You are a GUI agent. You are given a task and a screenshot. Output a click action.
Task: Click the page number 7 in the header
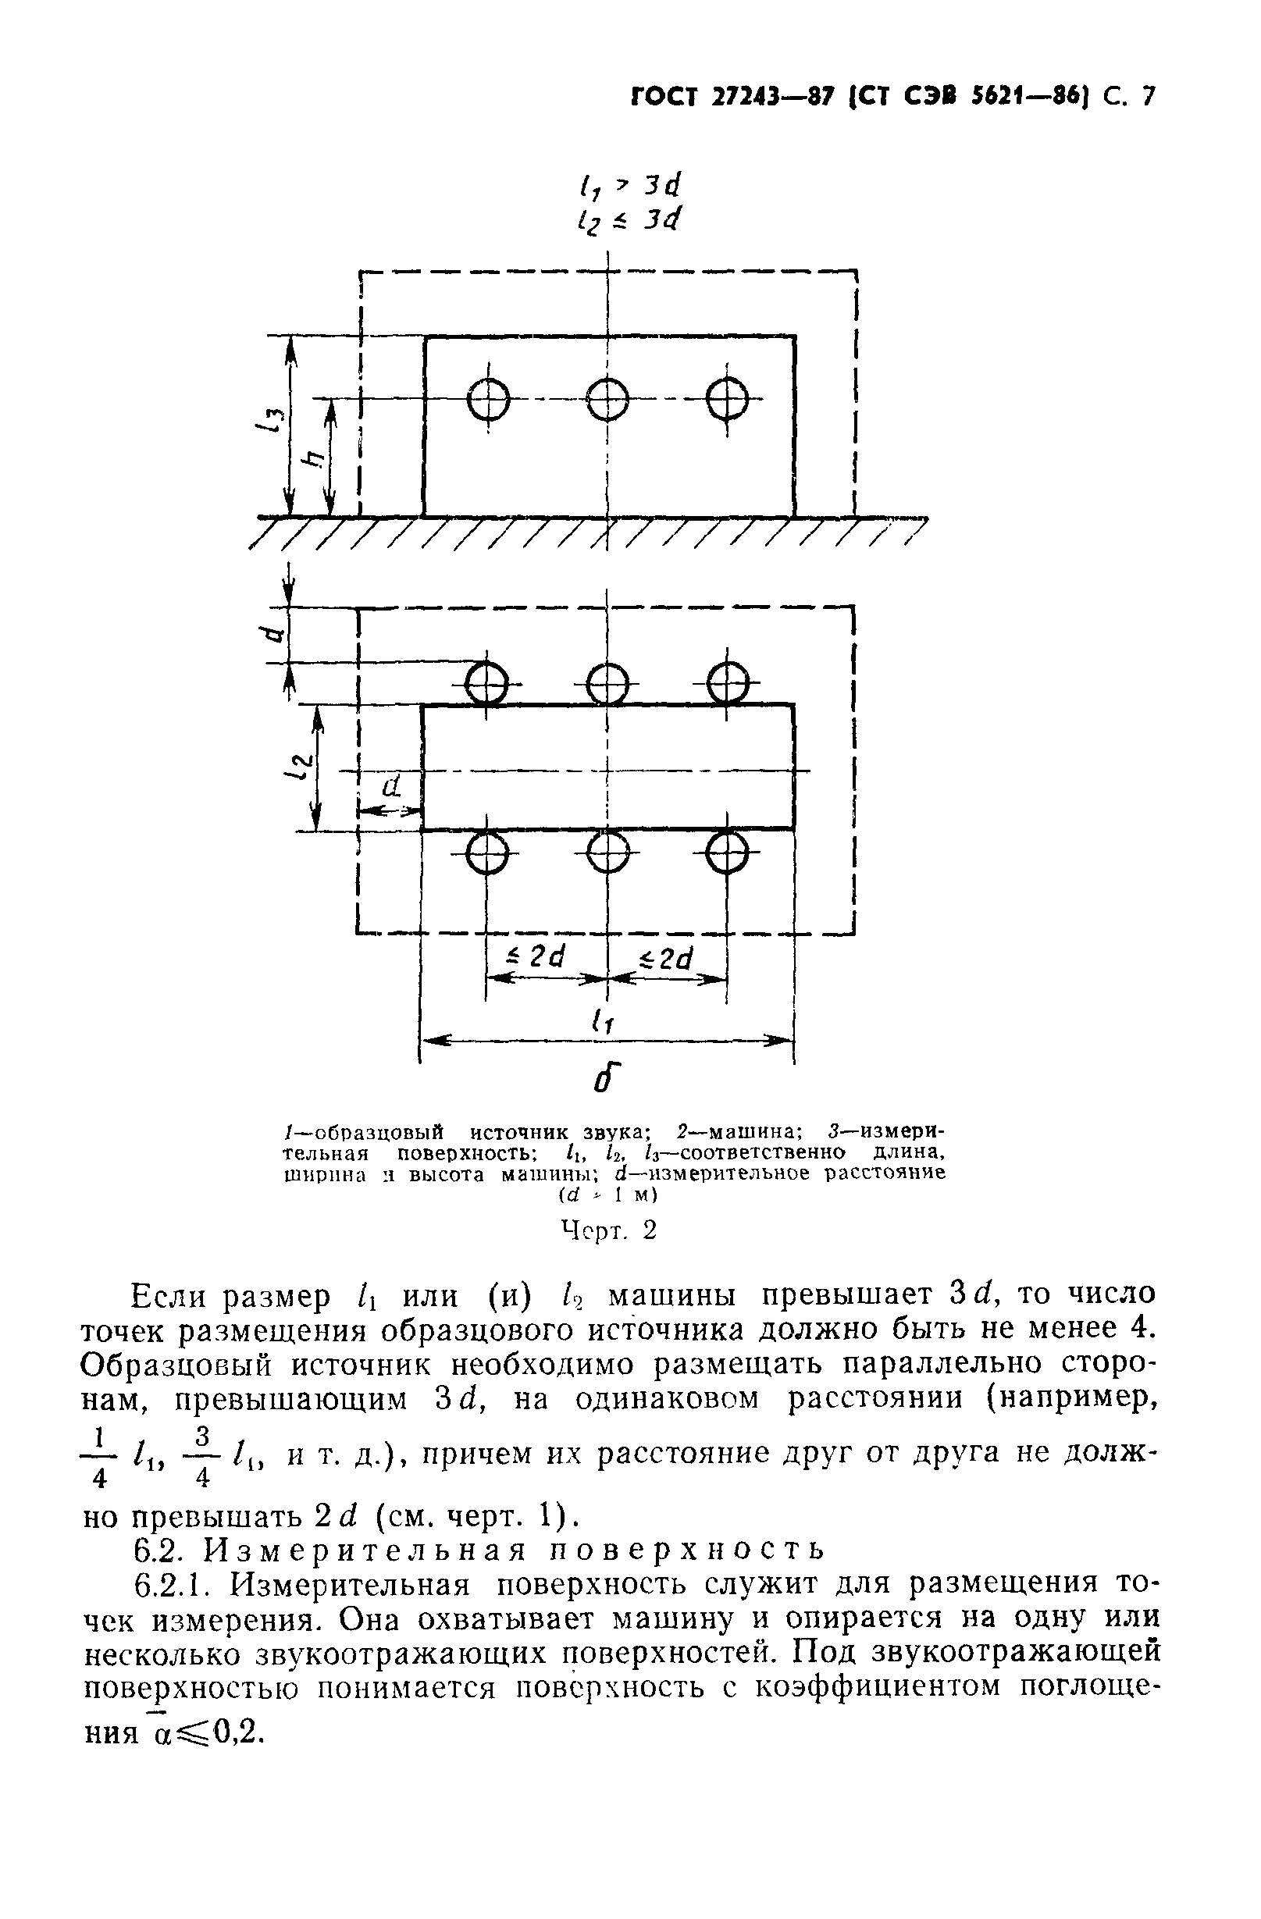1147,97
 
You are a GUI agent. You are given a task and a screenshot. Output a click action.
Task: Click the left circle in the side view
488,399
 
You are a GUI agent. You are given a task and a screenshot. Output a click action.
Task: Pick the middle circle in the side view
607,399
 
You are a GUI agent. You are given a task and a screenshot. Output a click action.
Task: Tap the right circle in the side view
727,399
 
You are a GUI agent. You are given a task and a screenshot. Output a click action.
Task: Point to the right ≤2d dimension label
667,958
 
